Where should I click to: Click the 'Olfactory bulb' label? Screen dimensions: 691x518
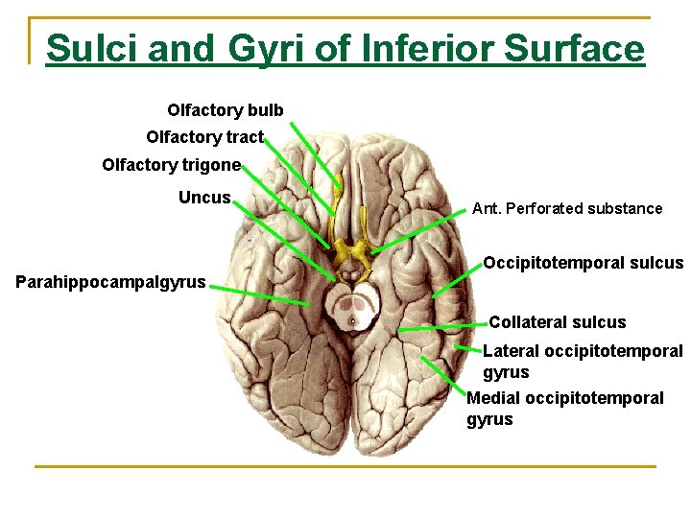[226, 110]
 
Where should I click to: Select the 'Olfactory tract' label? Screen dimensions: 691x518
[204, 137]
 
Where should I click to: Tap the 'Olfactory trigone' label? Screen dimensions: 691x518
[171, 165]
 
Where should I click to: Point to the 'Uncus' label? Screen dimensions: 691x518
[204, 198]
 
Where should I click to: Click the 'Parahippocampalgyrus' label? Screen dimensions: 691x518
[111, 282]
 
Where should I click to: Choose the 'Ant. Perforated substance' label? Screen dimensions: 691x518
[567, 208]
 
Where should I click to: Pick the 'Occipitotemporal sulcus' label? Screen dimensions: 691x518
[583, 263]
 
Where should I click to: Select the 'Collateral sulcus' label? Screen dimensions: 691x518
[557, 322]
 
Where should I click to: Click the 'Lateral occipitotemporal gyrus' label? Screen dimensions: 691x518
[582, 362]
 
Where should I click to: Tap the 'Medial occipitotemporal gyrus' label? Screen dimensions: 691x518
[564, 408]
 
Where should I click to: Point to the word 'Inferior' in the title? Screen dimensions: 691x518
[427, 48]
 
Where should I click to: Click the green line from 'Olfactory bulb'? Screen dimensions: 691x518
[316, 153]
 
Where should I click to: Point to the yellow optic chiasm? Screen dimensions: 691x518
[351, 252]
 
